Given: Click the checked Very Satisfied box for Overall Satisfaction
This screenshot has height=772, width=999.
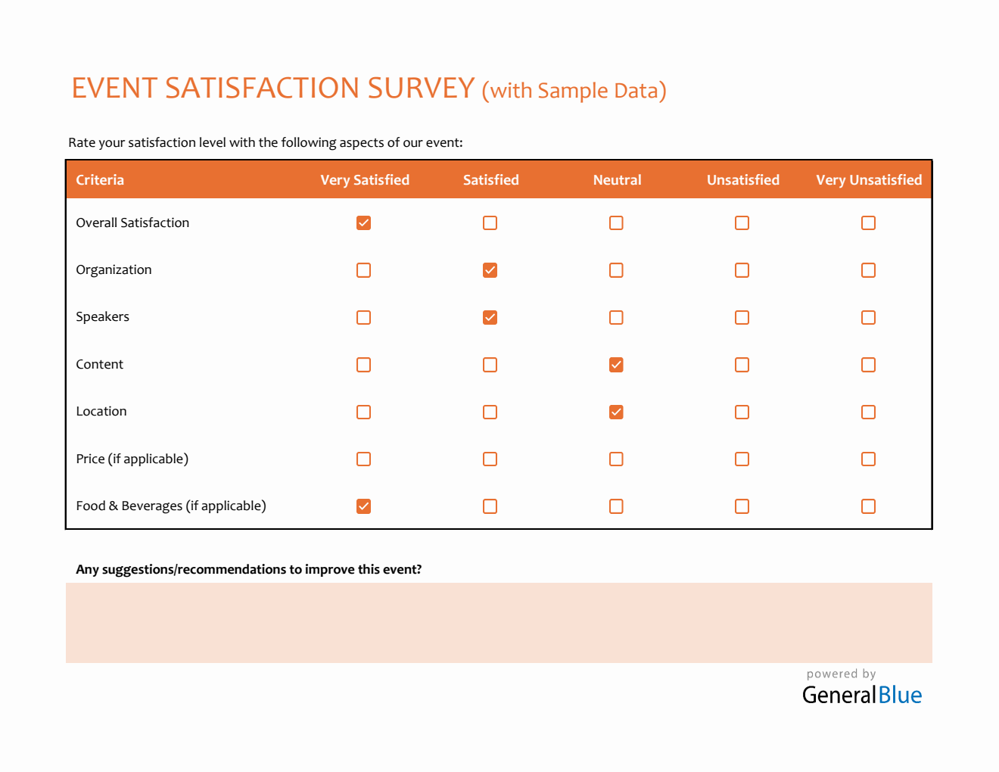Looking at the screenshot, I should (x=363, y=223).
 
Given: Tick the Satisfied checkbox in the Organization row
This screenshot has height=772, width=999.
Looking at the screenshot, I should (x=490, y=270).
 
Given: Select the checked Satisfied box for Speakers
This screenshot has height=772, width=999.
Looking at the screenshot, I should (x=490, y=317).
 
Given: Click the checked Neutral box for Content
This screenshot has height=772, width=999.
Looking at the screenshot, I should (x=616, y=365).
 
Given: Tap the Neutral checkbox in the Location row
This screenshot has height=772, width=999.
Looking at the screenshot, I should (x=616, y=412).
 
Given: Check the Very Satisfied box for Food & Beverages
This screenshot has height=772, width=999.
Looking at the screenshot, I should (x=363, y=506).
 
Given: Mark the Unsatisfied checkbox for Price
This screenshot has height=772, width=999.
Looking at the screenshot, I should (x=742, y=459).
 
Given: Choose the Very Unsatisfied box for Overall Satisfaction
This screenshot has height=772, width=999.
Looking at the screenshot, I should (x=868, y=223).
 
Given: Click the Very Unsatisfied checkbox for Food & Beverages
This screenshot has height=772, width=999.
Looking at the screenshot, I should (x=868, y=506).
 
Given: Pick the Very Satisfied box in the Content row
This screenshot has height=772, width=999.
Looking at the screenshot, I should (x=363, y=365).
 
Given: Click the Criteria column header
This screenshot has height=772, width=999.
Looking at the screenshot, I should (x=100, y=180).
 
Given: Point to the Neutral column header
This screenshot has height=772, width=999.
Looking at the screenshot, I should (x=617, y=180).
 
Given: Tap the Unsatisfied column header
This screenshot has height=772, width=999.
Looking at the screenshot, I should (x=742, y=180).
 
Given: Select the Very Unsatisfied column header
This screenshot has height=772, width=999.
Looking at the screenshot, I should (x=869, y=180).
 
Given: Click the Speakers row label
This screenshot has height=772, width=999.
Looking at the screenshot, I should (x=102, y=317).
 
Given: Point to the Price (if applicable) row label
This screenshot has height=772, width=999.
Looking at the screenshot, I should (x=132, y=459).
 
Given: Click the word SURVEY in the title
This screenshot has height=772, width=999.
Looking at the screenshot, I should (x=421, y=89).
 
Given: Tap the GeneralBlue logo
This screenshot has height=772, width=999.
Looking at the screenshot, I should (x=862, y=695).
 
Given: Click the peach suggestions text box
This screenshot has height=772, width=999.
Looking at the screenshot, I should (x=499, y=623).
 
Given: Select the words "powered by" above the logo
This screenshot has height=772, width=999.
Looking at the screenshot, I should (x=841, y=674).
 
